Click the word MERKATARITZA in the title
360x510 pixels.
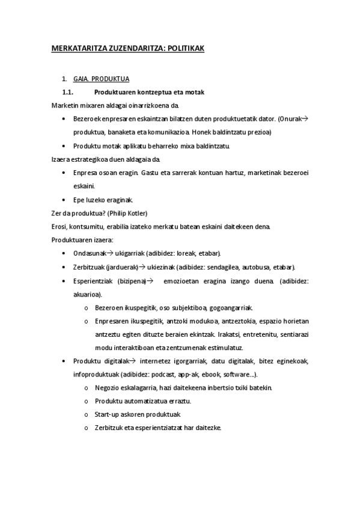click(x=76, y=49)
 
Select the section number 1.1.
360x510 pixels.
click(x=67, y=92)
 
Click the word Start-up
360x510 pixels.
click(x=108, y=414)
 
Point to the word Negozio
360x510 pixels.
click(x=109, y=387)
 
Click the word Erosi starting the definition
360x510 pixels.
click(x=60, y=226)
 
